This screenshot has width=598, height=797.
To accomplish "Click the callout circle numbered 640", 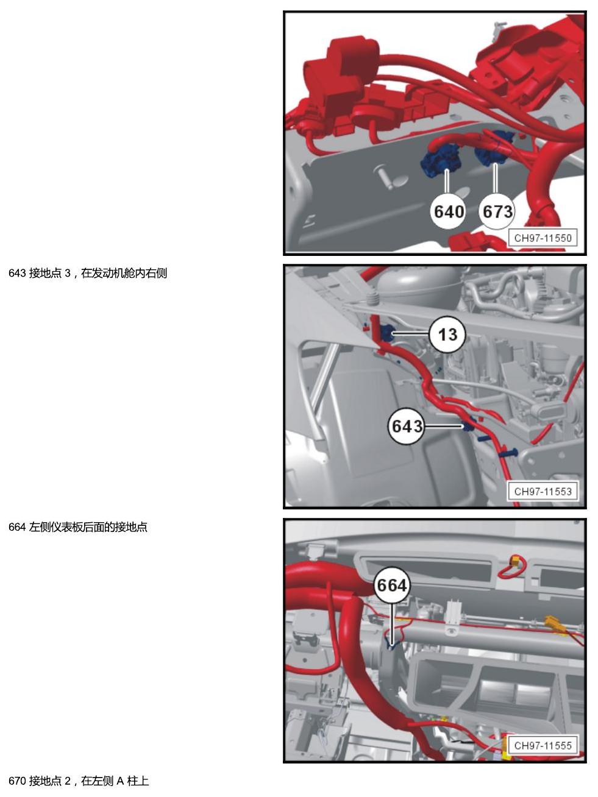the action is point(449,211).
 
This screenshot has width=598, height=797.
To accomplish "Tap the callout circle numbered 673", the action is point(497,211).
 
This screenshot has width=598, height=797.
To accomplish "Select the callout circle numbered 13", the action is point(447,335).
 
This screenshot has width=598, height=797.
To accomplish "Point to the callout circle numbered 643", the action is point(407,427).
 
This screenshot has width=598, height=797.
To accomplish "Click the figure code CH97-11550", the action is point(543,238).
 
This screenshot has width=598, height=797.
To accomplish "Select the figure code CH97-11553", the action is point(543,492).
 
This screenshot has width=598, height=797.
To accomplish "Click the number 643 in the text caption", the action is point(17,273).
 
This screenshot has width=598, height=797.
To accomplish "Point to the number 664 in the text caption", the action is point(17,527).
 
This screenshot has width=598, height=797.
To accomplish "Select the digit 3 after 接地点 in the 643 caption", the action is point(68,273).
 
